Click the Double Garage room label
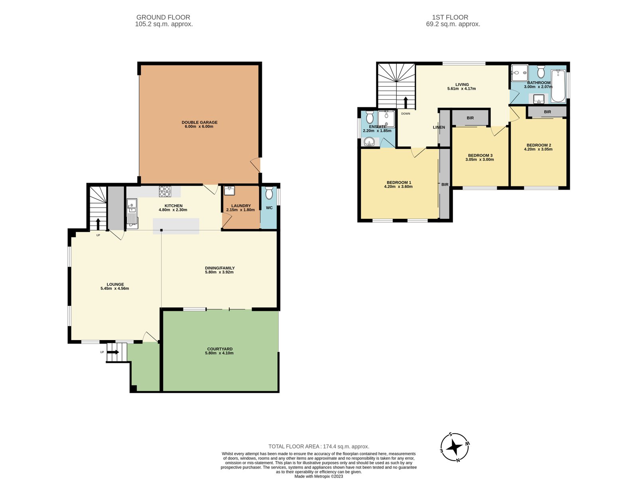coord(199,123)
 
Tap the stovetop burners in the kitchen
coord(165,191)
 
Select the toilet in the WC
coord(269,193)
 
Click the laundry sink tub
coord(229,191)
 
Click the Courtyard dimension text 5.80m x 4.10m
coord(219,353)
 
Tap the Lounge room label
coord(115,285)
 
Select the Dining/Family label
coord(220,268)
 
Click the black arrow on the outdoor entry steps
coord(113,352)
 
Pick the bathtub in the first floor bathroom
coord(558,86)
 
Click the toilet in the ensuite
coord(370,117)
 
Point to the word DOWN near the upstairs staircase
coord(406,114)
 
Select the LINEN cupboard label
coord(439,127)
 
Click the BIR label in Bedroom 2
coord(547,112)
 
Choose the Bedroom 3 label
coord(480,155)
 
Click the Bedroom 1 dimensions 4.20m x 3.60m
coord(398,187)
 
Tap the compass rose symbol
coord(455,447)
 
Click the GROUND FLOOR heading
coord(163,18)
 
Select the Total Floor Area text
coord(319,446)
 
